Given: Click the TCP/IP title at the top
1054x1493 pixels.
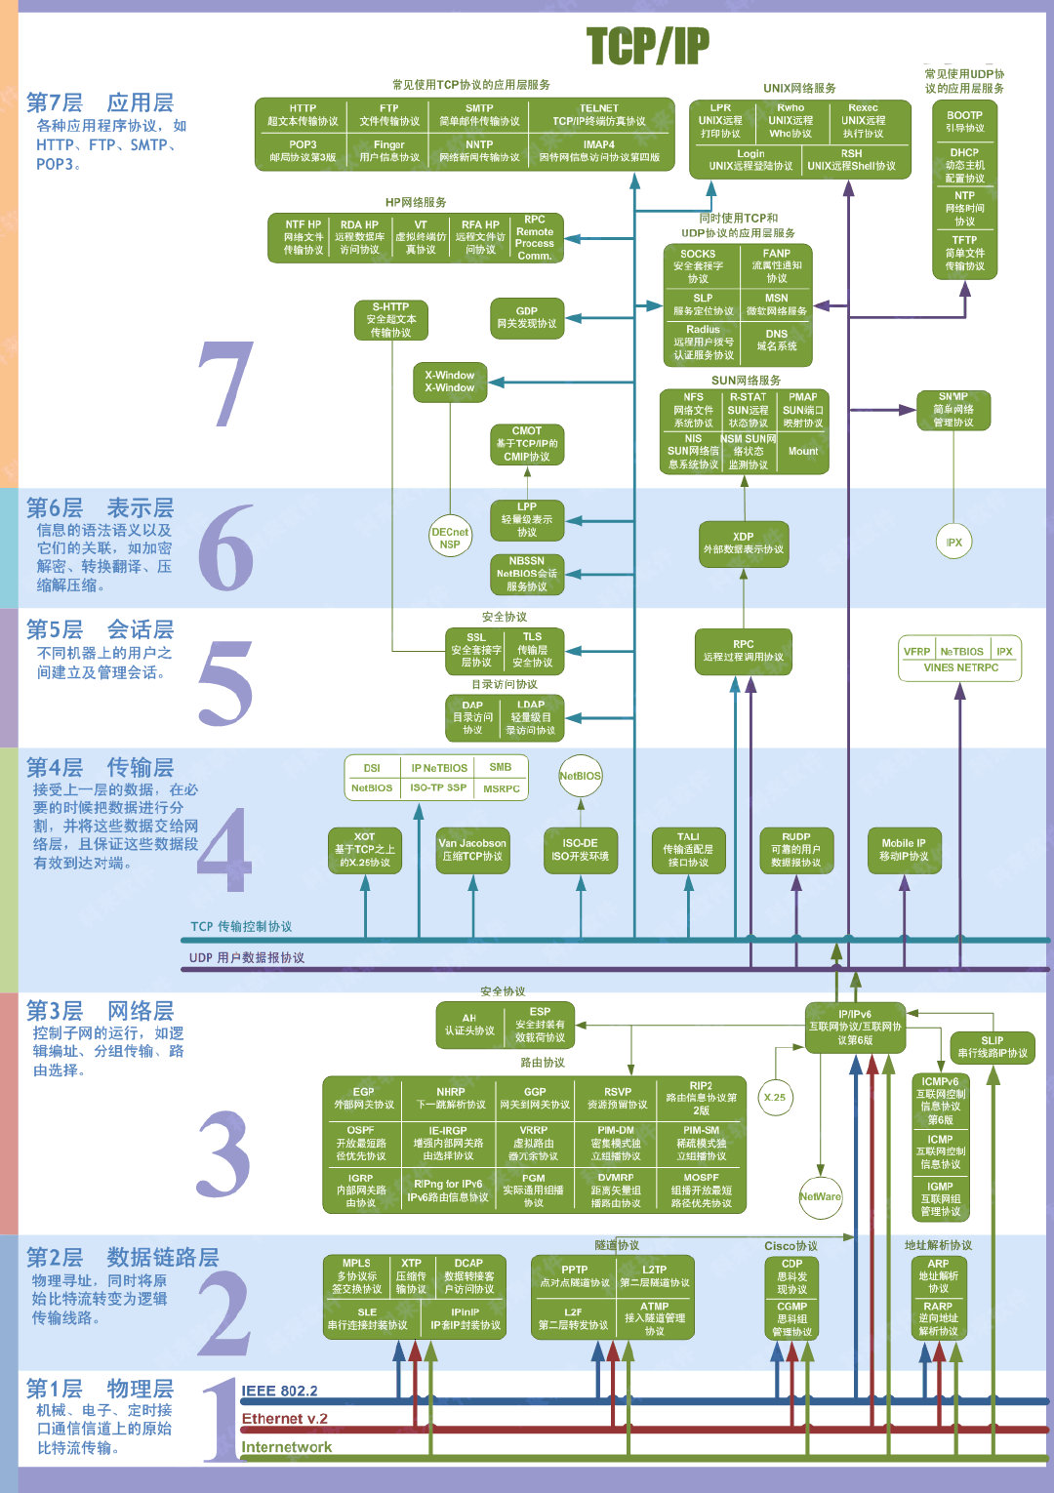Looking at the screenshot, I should [x=648, y=46].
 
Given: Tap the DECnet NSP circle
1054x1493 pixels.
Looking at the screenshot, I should [x=450, y=538].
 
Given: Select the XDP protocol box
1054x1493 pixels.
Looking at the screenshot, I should [x=744, y=544].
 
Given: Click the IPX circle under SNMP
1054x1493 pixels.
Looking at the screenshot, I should [x=953, y=543].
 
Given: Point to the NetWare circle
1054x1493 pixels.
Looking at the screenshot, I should [x=820, y=1196].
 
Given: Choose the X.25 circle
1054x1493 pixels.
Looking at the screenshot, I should [x=775, y=1097].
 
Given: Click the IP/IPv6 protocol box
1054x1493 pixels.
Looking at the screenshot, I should [x=855, y=1028].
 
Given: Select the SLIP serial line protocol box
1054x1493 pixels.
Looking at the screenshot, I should [x=992, y=1047].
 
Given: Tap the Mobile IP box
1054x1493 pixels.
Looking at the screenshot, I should [x=904, y=849].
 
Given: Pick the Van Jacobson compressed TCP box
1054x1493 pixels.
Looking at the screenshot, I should [x=472, y=849].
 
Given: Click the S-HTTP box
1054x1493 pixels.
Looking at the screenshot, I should [x=390, y=320].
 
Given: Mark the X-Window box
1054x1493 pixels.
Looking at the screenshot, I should [x=450, y=382].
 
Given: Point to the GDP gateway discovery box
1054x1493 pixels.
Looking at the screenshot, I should [x=527, y=318].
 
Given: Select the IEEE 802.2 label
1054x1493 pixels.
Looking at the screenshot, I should [x=279, y=1391].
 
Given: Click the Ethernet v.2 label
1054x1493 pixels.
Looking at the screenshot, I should [x=284, y=1419].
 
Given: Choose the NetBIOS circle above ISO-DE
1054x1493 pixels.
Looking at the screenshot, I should [x=581, y=776].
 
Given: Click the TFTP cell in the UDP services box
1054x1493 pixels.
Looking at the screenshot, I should [x=964, y=253].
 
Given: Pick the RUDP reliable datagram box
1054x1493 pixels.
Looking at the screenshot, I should [x=796, y=849].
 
